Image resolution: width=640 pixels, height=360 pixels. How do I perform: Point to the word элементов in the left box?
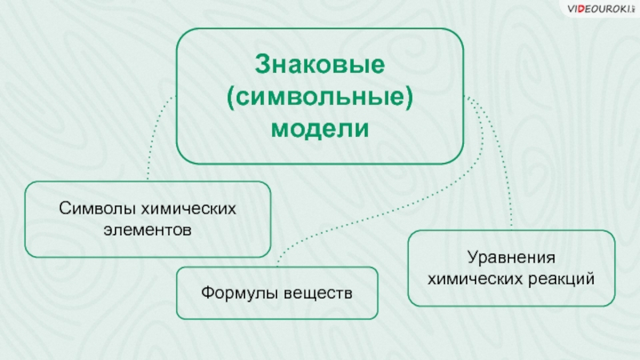coord(148,230)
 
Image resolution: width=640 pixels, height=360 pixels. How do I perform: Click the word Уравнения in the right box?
coord(512,259)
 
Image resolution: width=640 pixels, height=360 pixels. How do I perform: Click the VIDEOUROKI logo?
coord(600,8)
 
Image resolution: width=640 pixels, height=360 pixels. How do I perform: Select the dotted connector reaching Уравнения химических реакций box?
coord(504,176)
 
